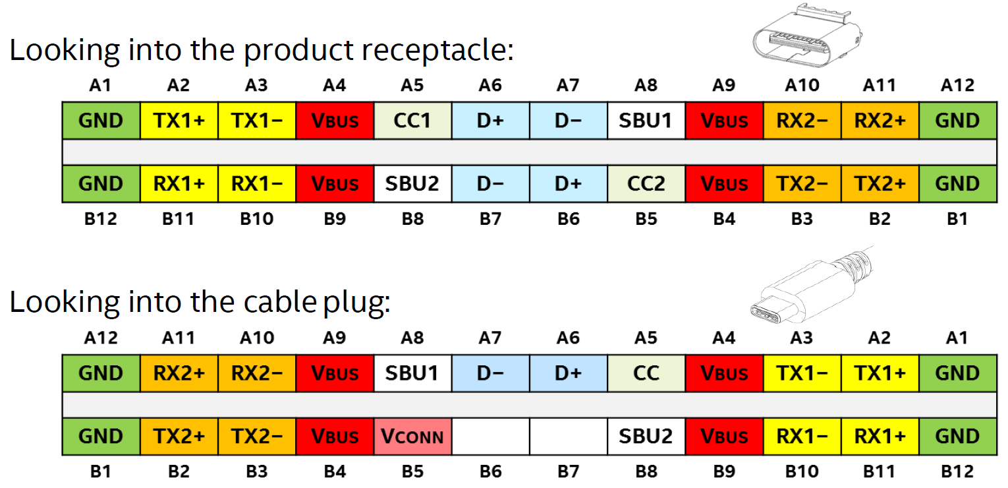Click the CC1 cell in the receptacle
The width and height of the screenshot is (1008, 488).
pyautogui.click(x=412, y=121)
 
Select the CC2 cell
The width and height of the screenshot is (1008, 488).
pyautogui.click(x=646, y=183)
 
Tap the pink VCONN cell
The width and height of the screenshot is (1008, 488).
pyautogui.click(x=412, y=436)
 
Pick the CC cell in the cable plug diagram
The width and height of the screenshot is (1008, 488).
pyautogui.click(x=646, y=373)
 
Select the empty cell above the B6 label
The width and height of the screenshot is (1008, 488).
pyautogui.click(x=490, y=436)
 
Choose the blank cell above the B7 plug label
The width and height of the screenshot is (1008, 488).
pyautogui.click(x=568, y=436)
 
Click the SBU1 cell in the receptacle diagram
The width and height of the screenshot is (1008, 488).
pyautogui.click(x=646, y=121)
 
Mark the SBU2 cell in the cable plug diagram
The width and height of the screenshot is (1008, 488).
pyautogui.click(x=646, y=436)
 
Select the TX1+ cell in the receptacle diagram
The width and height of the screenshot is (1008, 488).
pyautogui.click(x=179, y=121)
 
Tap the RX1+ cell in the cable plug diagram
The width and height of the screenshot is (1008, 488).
pyautogui.click(x=880, y=436)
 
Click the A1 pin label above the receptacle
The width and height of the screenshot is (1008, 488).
pyautogui.click(x=101, y=85)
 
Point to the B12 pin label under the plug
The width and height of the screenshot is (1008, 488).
pyautogui.click(x=957, y=471)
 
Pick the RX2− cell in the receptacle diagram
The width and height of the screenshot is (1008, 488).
pyautogui.click(x=802, y=121)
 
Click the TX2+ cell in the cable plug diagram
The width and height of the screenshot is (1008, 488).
pyautogui.click(x=179, y=436)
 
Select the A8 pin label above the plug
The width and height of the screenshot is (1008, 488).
pyautogui.click(x=412, y=338)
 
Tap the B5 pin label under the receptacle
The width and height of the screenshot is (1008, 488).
pyautogui.click(x=646, y=219)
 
